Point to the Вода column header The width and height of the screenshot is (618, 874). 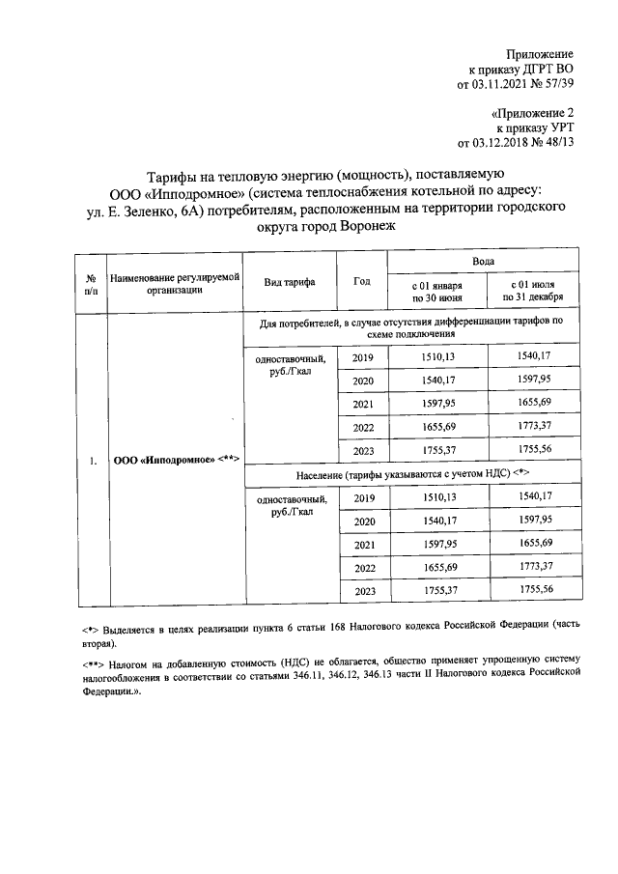[485, 262]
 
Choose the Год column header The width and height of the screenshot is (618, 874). [362, 281]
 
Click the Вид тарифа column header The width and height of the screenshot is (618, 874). [290, 281]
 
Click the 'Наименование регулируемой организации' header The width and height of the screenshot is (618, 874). [174, 281]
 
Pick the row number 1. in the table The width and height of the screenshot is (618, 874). [93, 461]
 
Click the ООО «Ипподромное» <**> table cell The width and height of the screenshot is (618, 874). [177, 461]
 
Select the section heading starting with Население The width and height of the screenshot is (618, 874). [412, 473]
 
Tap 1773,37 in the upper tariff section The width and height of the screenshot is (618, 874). [534, 427]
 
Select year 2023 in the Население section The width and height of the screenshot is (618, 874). [364, 591]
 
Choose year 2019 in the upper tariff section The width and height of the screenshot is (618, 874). [364, 358]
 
